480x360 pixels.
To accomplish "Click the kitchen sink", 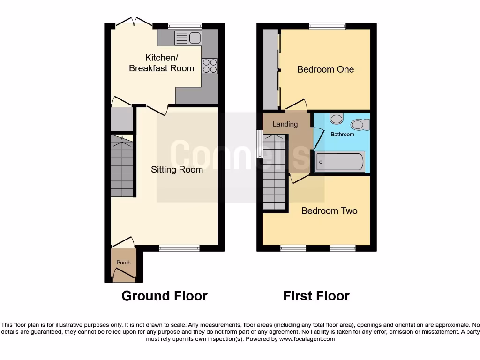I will tap(188, 38).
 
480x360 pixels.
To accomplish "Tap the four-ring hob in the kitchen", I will tap(210, 66).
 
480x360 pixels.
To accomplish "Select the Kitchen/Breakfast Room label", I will tap(162, 63).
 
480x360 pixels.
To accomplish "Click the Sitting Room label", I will tap(177, 169).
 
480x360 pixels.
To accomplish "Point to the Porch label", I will tap(123, 262).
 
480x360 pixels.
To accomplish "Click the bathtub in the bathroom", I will tap(339, 162).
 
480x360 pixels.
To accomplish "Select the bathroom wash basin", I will tap(336, 118).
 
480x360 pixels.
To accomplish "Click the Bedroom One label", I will tap(325, 69).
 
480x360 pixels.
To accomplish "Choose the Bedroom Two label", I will tap(329, 210).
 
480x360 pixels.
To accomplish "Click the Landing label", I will tap(285, 124).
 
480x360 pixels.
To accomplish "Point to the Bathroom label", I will tap(343, 135).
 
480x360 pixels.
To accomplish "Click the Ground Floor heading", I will tap(164, 296).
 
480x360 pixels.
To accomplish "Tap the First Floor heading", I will tap(316, 296).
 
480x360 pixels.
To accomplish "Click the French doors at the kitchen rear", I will tap(134, 22).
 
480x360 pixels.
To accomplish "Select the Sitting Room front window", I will tap(179, 248).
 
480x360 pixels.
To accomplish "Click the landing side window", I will tap(259, 143).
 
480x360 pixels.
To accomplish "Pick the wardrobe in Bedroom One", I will tap(270, 69).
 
